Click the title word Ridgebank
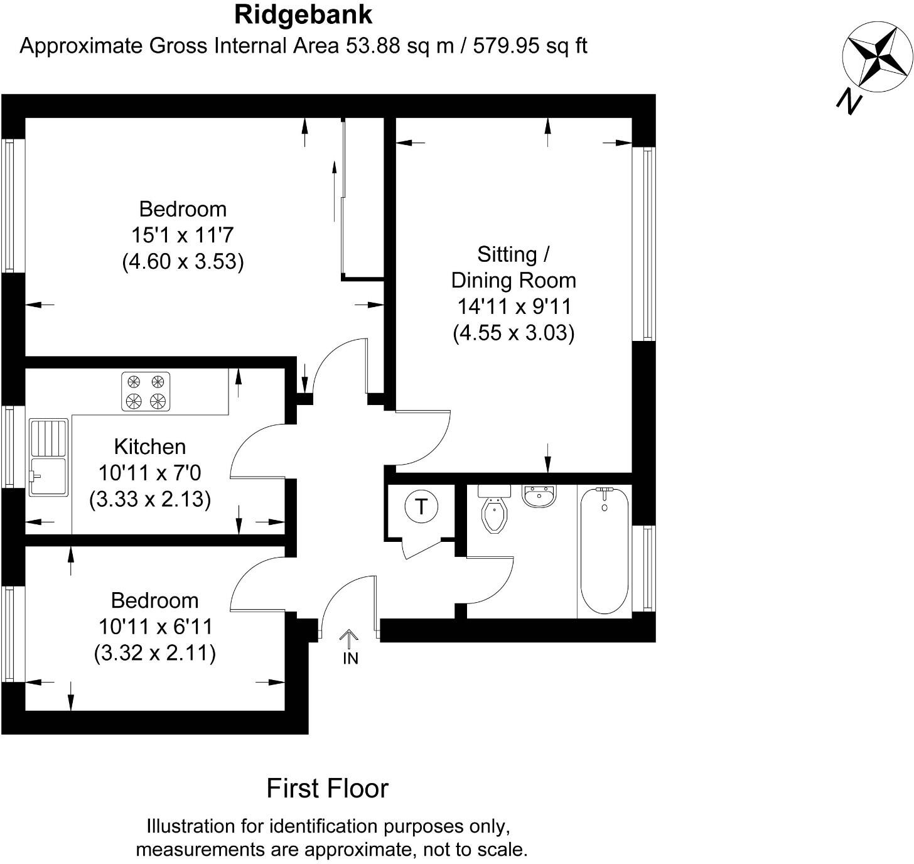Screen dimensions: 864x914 pos(303,15)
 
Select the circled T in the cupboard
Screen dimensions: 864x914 pos(421,506)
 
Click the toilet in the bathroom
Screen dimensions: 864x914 pos(494,509)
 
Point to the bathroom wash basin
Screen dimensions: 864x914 pos(539,496)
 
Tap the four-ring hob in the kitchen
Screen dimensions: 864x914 pos(146,391)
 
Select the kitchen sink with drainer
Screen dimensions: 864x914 pos(48,457)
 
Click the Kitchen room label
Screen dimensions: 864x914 pos(150,447)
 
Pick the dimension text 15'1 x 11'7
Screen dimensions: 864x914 pos(182,235)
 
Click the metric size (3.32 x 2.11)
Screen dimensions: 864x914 pos(155,653)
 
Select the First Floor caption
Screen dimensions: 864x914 pos(327,789)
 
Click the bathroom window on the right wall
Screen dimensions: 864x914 pos(648,568)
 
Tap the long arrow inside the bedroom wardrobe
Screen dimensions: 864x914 pos(334,192)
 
